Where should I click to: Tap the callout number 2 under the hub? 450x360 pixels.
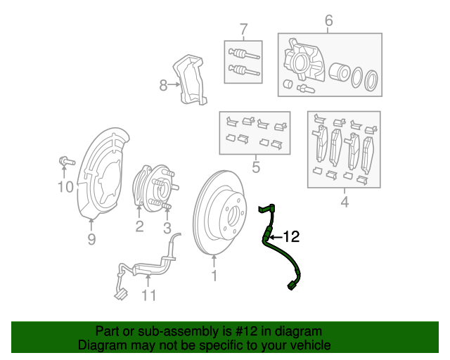click(139, 226)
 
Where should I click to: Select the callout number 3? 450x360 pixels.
click(167, 227)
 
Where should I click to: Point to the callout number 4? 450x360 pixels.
click(344, 203)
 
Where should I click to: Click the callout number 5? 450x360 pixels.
click(255, 167)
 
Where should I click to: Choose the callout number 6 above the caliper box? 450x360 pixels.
click(328, 22)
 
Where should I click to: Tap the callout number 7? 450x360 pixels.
click(243, 30)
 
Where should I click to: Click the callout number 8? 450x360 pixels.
click(163, 85)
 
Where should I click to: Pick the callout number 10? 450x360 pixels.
click(65, 186)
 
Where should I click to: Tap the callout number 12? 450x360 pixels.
click(291, 237)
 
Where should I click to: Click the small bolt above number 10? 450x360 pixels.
click(65, 162)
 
